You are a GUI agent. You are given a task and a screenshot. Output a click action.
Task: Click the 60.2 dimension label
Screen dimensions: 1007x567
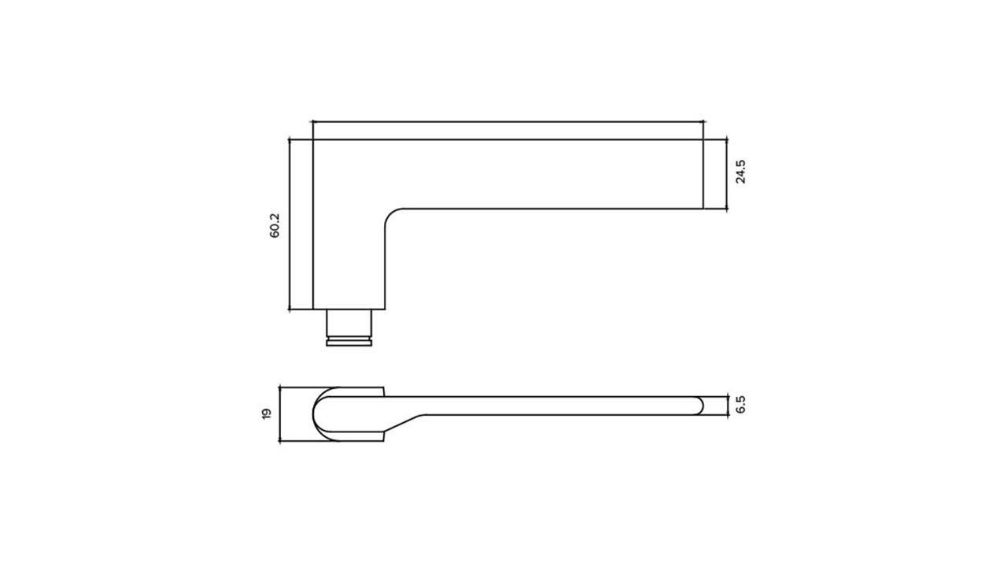(x=275, y=225)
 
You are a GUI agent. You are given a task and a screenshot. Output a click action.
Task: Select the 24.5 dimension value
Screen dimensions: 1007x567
(x=741, y=172)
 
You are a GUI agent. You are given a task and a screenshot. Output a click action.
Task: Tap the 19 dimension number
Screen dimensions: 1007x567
(x=267, y=414)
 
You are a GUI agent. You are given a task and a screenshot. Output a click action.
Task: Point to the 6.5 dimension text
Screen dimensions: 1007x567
(x=741, y=405)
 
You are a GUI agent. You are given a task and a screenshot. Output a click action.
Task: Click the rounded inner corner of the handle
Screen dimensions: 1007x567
(x=390, y=213)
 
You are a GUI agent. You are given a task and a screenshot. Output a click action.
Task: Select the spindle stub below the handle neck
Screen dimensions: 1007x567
(x=349, y=328)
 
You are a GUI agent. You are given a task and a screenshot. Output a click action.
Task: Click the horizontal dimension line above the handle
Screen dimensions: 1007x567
(x=507, y=121)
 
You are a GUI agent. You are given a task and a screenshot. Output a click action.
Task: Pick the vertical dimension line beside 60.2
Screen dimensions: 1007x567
(x=289, y=224)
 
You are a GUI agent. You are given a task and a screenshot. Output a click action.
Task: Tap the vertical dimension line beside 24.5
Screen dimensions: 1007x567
(x=726, y=174)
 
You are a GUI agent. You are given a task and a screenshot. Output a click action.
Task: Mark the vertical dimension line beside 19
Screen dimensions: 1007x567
(x=279, y=414)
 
